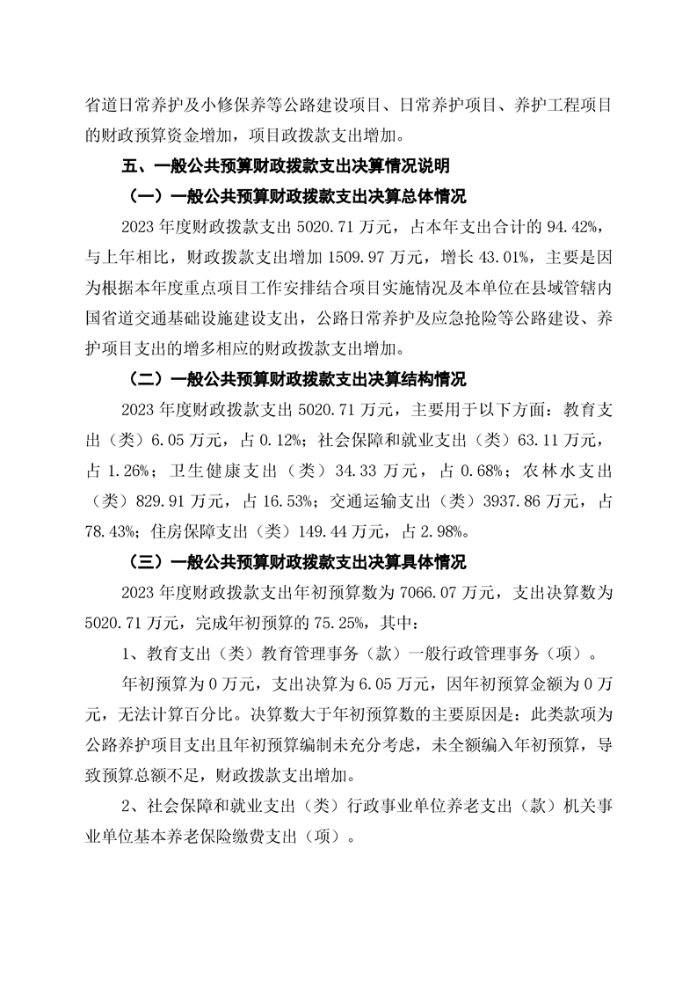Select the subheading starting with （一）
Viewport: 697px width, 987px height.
click(x=298, y=195)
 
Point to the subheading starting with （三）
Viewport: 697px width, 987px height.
click(x=298, y=562)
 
